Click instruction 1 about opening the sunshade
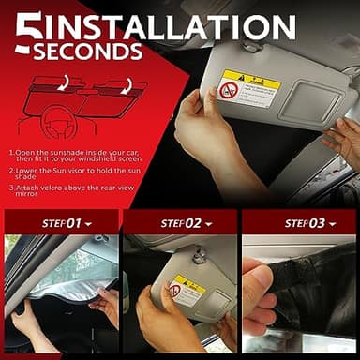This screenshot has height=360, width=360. click(x=75, y=156)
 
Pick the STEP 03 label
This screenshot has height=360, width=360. click(x=294, y=223)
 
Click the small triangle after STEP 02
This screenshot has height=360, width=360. click(x=206, y=224)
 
